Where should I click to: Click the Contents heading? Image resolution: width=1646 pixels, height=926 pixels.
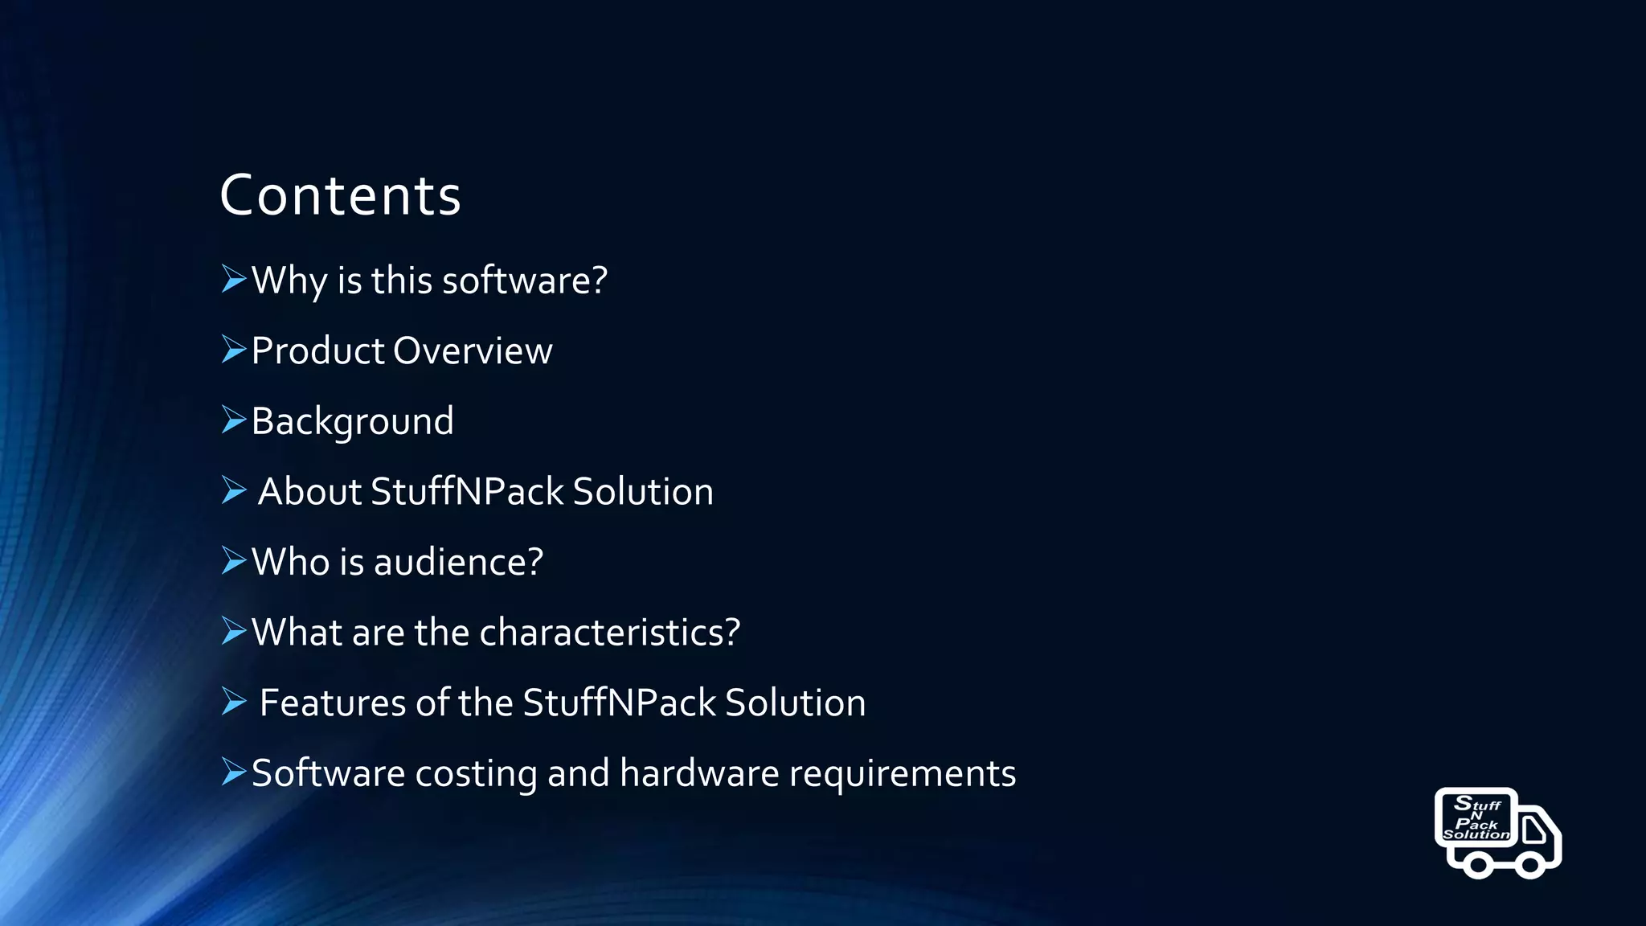pos(340,195)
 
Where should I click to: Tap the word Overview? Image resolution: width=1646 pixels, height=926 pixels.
pos(473,351)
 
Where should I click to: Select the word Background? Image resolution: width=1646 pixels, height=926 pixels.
pos(352,422)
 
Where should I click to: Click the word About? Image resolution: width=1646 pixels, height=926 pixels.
pos(309,492)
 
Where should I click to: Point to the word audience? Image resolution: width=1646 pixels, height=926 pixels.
pos(458,562)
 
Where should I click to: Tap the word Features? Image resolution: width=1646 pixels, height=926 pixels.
pos(333,703)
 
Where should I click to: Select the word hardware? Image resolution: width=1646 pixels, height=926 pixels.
pos(698,773)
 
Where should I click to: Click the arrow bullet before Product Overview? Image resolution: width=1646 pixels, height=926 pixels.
pos(233,350)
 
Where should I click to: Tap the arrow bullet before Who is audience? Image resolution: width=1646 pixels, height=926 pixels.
pos(233,560)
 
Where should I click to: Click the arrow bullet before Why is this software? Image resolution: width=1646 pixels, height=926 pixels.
pos(233,279)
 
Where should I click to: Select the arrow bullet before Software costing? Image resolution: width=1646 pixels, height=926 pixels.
pos(233,772)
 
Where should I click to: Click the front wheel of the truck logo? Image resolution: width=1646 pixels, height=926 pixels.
pos(1528,865)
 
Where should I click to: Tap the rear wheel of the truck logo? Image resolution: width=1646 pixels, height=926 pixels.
pos(1476,865)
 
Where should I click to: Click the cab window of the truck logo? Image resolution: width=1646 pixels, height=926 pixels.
pos(1533,830)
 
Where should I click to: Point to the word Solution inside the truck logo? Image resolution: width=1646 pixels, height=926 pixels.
pos(1476,835)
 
